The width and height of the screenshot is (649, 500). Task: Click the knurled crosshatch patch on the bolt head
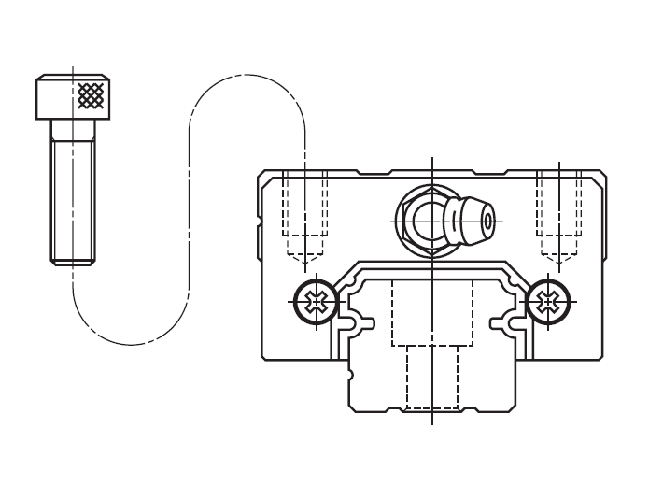pos(91,94)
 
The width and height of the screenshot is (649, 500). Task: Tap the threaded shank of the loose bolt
pos(73,201)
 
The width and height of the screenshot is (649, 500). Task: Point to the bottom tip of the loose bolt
pos(73,264)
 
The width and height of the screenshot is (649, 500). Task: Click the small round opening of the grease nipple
pos(487,221)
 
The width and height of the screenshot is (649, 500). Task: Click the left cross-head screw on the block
pos(317,301)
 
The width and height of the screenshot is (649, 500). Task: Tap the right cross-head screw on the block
pos(548,301)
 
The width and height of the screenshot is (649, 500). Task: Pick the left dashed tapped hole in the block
pos(304,206)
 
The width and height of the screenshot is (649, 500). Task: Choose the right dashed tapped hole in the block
pos(558,206)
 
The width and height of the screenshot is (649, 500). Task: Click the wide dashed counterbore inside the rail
pos(432,313)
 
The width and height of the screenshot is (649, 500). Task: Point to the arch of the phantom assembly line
pos(247,77)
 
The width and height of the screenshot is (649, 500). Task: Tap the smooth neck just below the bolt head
pos(73,130)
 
